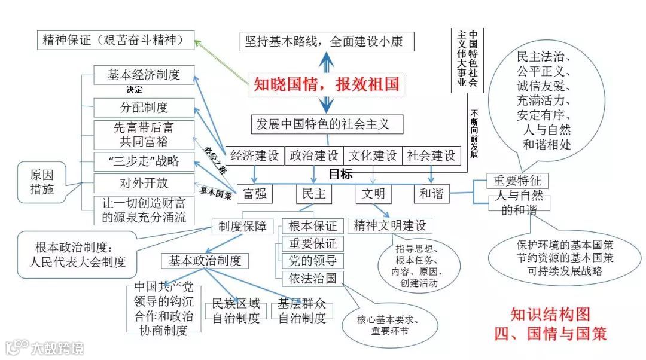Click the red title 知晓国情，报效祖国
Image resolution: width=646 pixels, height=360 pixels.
point(326,84)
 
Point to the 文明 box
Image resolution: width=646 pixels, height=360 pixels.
point(374,193)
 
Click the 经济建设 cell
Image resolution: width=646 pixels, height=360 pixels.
point(255,155)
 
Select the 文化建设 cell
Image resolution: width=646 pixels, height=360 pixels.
point(373,155)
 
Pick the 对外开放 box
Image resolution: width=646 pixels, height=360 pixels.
point(144,182)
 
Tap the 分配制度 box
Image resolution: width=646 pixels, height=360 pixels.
point(144,108)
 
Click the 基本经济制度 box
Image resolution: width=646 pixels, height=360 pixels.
point(144,75)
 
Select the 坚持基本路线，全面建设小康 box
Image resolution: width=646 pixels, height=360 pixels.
point(327,41)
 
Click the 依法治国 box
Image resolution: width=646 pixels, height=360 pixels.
point(313,278)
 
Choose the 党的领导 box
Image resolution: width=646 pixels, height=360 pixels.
point(313,261)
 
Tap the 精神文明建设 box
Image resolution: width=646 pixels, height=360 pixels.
point(390,225)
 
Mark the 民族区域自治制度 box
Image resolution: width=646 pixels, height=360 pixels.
point(236,311)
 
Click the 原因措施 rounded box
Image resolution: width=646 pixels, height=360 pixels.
point(41,181)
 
